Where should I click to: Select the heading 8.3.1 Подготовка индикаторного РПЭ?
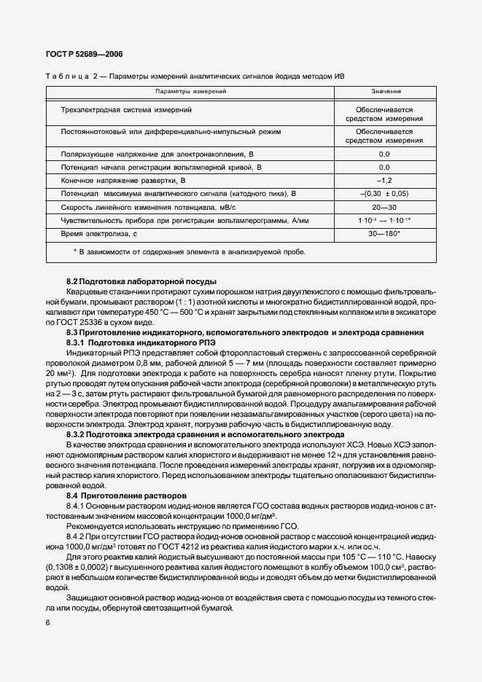[x=137, y=342]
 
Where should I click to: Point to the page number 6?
[x=48, y=623]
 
